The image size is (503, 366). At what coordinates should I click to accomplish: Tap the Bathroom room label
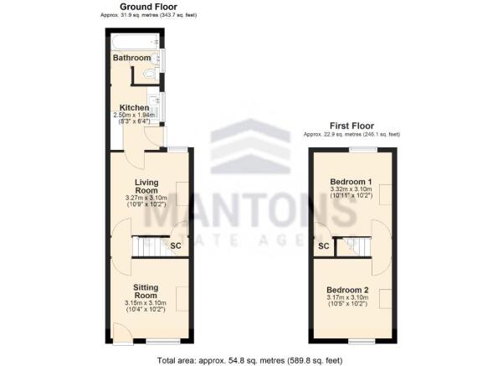click(132, 59)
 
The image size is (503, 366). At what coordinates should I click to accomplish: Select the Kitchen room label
click(134, 107)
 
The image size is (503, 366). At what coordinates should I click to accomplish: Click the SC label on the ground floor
click(176, 246)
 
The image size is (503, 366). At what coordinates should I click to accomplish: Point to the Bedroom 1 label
click(350, 182)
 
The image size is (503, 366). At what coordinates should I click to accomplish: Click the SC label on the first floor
click(323, 246)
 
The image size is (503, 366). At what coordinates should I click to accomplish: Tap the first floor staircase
click(351, 245)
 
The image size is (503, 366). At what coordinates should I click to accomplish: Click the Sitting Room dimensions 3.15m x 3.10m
click(146, 303)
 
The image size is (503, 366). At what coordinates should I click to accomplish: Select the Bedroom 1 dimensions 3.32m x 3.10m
click(350, 190)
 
